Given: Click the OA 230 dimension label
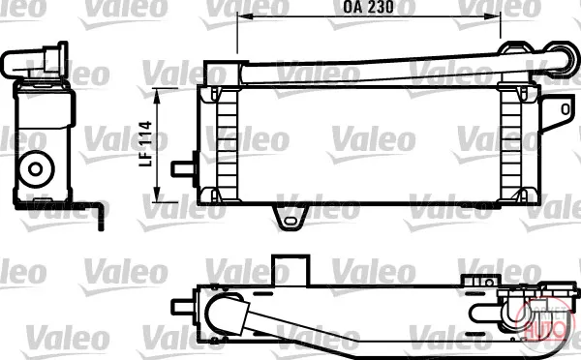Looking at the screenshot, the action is click(x=368, y=7).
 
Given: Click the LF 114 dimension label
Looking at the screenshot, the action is click(x=145, y=143).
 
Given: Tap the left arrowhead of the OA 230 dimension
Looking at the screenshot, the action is click(x=245, y=16).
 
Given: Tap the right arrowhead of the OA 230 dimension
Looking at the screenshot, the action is click(x=493, y=16).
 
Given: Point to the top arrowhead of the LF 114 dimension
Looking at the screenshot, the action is click(x=158, y=97).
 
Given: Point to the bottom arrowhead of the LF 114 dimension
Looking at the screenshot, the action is click(x=158, y=195).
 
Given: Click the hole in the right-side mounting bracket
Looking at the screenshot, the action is click(x=566, y=109).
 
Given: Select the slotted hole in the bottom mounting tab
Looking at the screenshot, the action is click(x=290, y=222).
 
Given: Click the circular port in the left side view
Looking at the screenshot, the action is click(x=36, y=169).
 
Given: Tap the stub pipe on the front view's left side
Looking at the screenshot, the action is click(x=183, y=169).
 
